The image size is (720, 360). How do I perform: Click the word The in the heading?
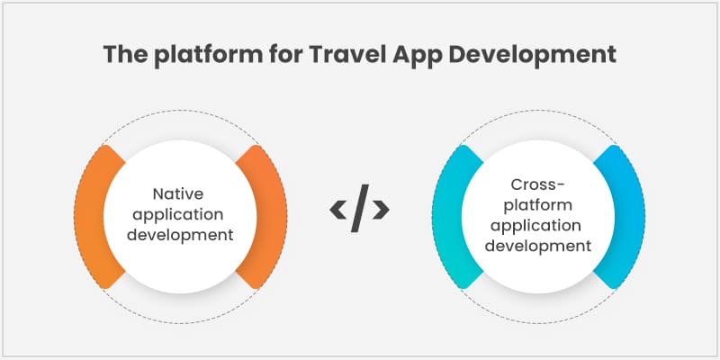coord(124,55)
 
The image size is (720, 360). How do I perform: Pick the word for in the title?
coord(285,55)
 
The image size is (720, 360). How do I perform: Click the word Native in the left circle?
coord(178,193)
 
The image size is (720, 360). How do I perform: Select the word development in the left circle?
coord(180,235)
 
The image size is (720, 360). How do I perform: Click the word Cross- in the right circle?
coord(537,184)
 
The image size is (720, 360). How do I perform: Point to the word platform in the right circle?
coord(537,205)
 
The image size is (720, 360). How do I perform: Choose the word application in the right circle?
coord(537,226)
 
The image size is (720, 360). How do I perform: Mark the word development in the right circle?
coord(537,246)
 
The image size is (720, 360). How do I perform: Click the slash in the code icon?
coord(359,208)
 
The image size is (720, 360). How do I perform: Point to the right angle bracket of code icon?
coord(382,210)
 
